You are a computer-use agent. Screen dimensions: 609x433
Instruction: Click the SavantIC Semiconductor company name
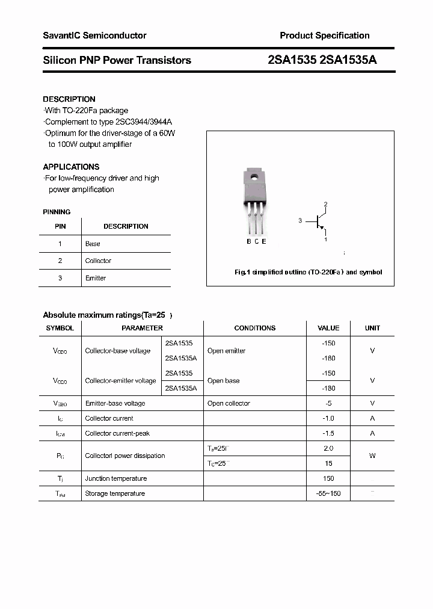[94, 36]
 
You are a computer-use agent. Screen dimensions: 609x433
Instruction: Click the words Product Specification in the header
[324, 36]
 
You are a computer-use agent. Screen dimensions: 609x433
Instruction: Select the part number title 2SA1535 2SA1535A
[322, 60]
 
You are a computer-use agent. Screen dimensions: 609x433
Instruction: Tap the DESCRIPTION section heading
[69, 99]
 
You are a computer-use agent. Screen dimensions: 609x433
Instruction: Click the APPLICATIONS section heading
[71, 167]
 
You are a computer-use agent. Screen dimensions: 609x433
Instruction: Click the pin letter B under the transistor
[249, 241]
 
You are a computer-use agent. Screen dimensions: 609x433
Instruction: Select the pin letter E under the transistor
[264, 241]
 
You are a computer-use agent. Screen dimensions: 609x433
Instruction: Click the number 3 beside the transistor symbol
[299, 221]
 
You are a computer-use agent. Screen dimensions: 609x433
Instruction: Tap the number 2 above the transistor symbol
[325, 205]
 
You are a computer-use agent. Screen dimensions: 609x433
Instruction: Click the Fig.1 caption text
[308, 272]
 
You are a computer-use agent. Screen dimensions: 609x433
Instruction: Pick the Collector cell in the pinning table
[98, 261]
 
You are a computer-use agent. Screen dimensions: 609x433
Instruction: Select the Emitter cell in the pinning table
[96, 278]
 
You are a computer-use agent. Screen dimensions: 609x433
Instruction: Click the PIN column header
[60, 226]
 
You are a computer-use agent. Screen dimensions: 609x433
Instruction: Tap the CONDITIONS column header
[254, 328]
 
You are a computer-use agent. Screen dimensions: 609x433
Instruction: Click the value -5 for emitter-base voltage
[328, 403]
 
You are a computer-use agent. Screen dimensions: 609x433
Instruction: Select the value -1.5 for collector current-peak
[328, 433]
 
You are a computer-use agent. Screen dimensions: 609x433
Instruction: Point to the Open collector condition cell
[229, 403]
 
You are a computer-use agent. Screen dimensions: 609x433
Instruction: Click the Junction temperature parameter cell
[116, 478]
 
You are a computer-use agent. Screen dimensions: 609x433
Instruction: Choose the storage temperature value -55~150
[328, 493]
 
